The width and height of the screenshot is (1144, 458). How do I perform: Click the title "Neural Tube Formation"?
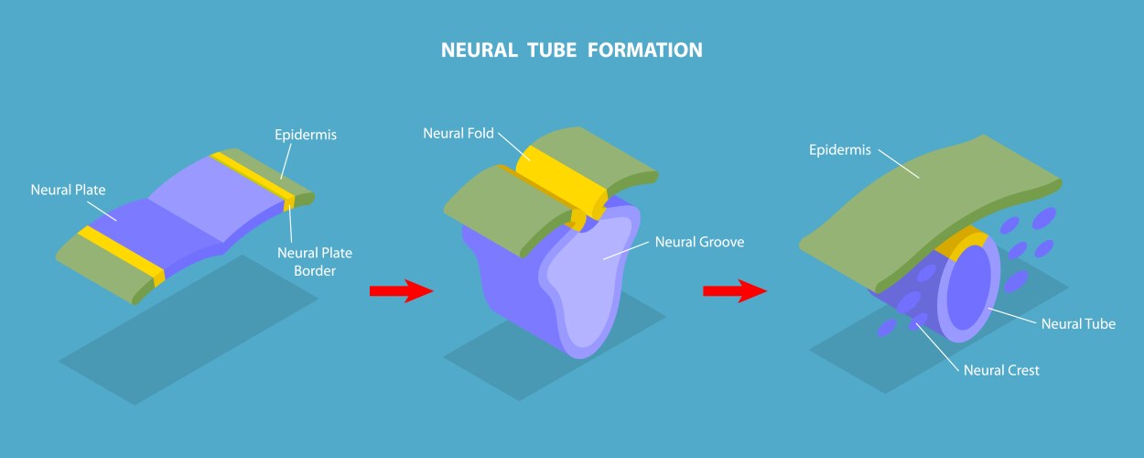[x=572, y=49]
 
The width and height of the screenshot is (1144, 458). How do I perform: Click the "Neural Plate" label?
[x=69, y=191]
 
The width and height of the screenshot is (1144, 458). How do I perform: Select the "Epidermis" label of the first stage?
[x=306, y=135]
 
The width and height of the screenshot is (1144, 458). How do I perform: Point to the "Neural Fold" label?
[x=459, y=134]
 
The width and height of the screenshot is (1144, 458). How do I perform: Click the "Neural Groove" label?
[x=699, y=243]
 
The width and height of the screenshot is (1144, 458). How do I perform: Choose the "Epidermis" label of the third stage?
[x=840, y=149]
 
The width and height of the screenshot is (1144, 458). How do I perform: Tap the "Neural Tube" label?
[x=1078, y=323]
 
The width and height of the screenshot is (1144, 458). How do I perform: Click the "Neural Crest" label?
[x=1001, y=370]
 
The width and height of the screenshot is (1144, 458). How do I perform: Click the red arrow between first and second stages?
[x=400, y=291]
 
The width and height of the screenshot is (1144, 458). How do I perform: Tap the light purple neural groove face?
[x=586, y=284]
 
